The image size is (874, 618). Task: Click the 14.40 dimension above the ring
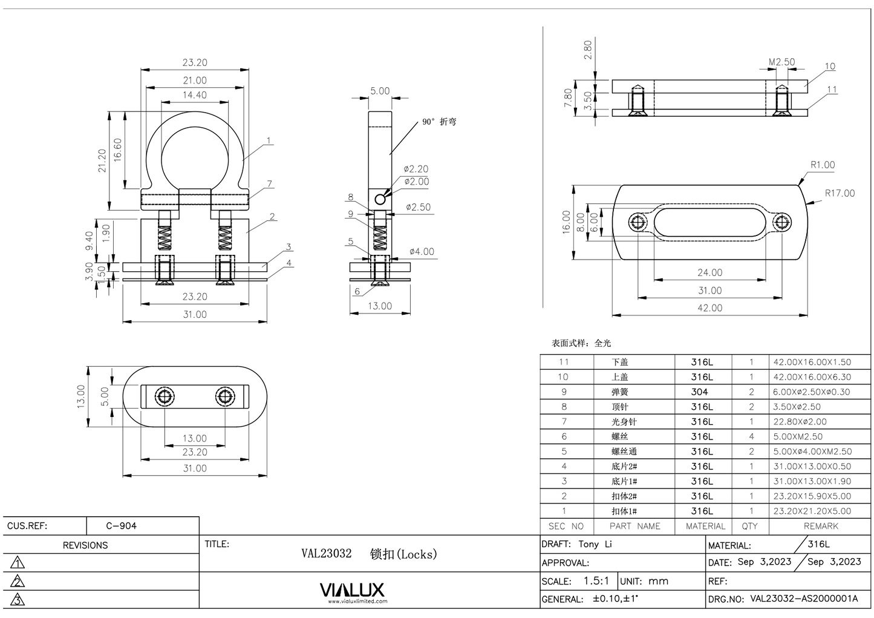tap(194, 95)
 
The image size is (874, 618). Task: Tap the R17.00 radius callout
tap(840, 193)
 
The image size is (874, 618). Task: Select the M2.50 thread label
tap(781, 62)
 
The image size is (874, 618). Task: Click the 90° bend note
tap(439, 122)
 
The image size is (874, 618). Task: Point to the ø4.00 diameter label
tap(421, 251)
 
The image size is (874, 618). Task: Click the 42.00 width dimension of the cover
tap(709, 307)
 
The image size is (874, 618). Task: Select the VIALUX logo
tap(351, 590)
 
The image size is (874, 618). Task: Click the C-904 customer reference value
tap(121, 525)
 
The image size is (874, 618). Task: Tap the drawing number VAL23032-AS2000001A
tap(804, 599)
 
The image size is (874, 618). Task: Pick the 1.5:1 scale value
tap(596, 580)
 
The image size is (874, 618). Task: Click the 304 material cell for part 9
tap(699, 392)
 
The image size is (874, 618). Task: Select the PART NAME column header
tap(634, 526)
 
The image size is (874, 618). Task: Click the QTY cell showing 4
tap(751, 436)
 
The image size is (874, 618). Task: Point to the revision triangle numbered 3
tap(18, 600)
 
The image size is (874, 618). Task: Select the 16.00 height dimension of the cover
tap(566, 222)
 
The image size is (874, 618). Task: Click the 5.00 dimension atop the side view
tap(380, 91)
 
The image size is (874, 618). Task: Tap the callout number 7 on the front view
tap(269, 184)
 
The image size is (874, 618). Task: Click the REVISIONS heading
tap(85, 545)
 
